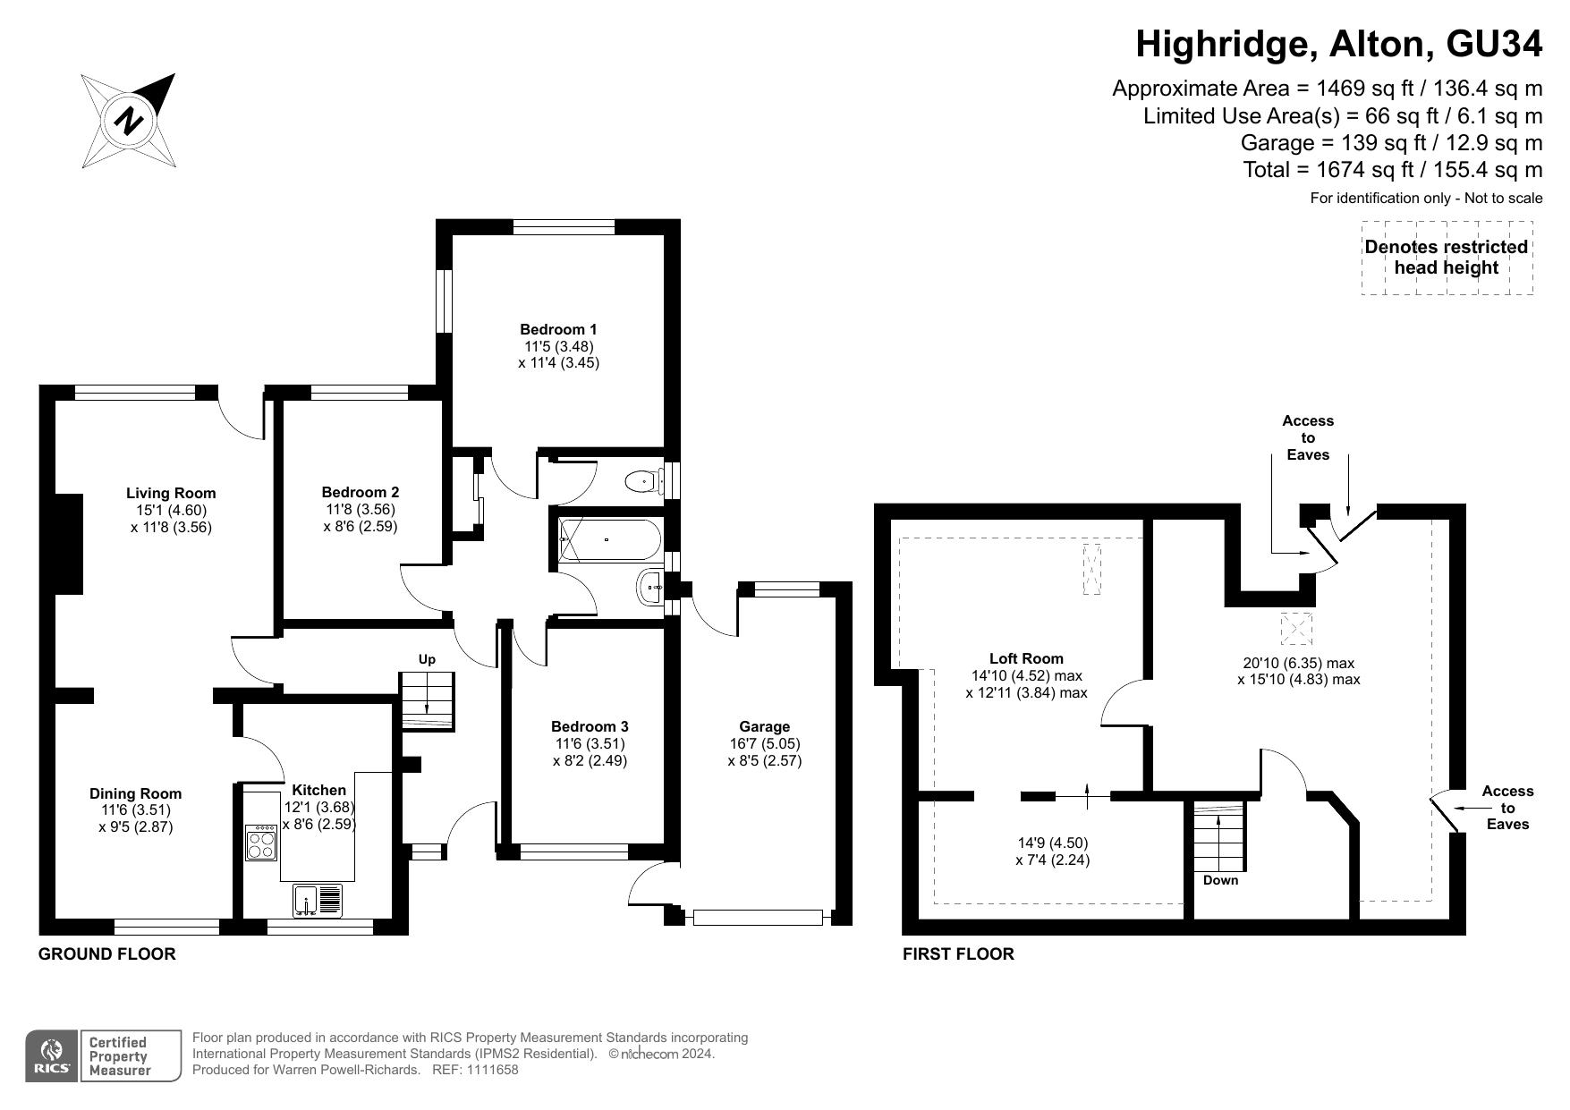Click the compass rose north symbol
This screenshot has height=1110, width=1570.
(x=129, y=121)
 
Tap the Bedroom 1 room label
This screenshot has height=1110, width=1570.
(x=558, y=329)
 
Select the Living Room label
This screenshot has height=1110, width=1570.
(x=171, y=493)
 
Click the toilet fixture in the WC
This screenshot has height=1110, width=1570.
(x=643, y=481)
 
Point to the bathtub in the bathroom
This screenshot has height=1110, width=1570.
(x=610, y=540)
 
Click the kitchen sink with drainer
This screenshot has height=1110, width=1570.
(x=318, y=900)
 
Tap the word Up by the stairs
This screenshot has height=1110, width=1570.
(x=427, y=659)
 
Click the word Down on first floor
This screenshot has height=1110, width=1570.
(x=1220, y=880)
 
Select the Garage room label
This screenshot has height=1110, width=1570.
(x=765, y=726)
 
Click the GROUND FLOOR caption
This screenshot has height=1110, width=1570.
(x=106, y=953)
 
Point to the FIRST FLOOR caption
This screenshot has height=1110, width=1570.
(x=958, y=953)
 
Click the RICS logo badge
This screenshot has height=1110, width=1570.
(x=52, y=1056)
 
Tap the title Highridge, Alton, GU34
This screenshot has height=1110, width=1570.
(x=1339, y=44)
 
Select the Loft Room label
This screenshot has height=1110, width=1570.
(x=1026, y=658)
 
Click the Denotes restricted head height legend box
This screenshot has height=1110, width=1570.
(x=1447, y=258)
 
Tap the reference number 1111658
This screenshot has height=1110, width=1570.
(x=488, y=1070)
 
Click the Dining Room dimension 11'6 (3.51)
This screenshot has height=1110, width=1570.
(x=136, y=810)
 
